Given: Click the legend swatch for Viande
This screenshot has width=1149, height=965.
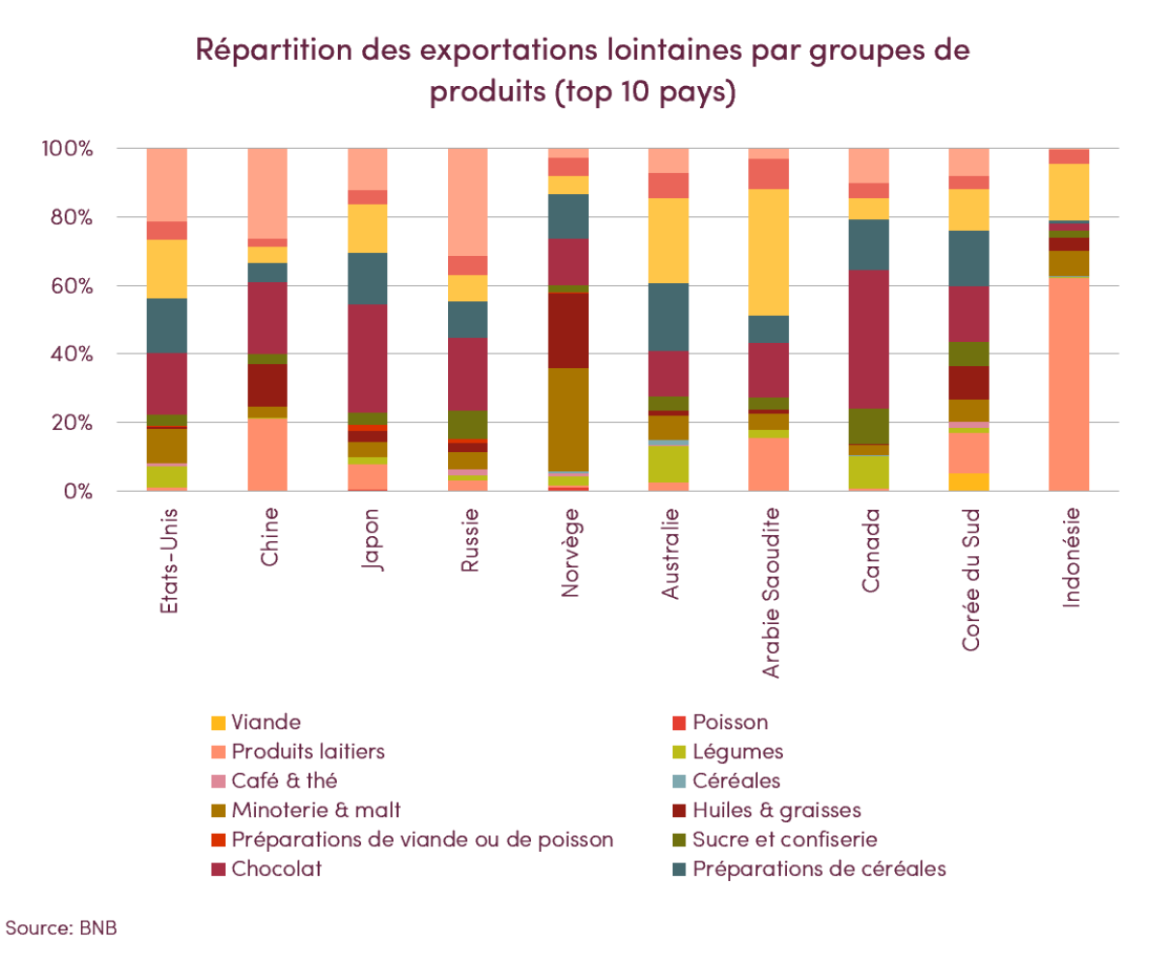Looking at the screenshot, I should (x=219, y=723).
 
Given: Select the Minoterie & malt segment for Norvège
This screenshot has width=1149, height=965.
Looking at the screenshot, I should (x=568, y=419).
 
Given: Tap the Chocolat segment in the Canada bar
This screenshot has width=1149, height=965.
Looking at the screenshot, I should (x=869, y=339).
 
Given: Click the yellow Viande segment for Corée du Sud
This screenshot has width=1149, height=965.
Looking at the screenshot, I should (x=969, y=481).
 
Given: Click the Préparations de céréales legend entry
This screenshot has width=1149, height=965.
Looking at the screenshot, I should (x=819, y=868).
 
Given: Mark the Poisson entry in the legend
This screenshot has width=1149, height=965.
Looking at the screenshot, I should (x=730, y=723).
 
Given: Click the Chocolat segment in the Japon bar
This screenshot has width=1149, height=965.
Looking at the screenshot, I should (x=368, y=358).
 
